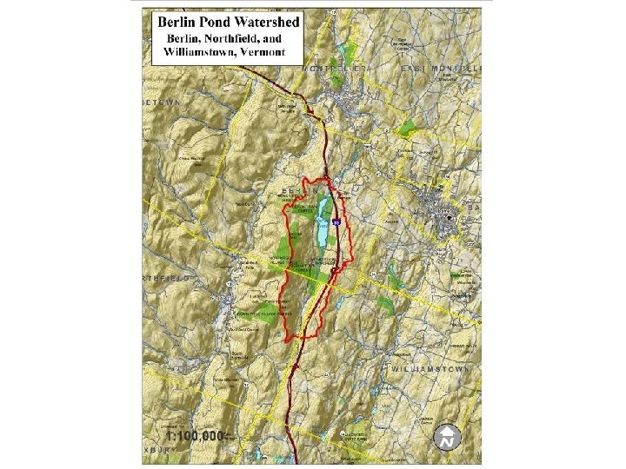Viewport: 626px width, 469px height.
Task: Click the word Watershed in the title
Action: [x=258, y=20]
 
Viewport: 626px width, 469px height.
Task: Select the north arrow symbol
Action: [x=448, y=437]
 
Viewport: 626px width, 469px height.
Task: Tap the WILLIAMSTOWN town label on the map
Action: [x=430, y=368]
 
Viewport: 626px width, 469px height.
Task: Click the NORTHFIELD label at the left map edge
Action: [x=166, y=277]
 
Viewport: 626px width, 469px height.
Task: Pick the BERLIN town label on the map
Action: [x=301, y=188]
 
